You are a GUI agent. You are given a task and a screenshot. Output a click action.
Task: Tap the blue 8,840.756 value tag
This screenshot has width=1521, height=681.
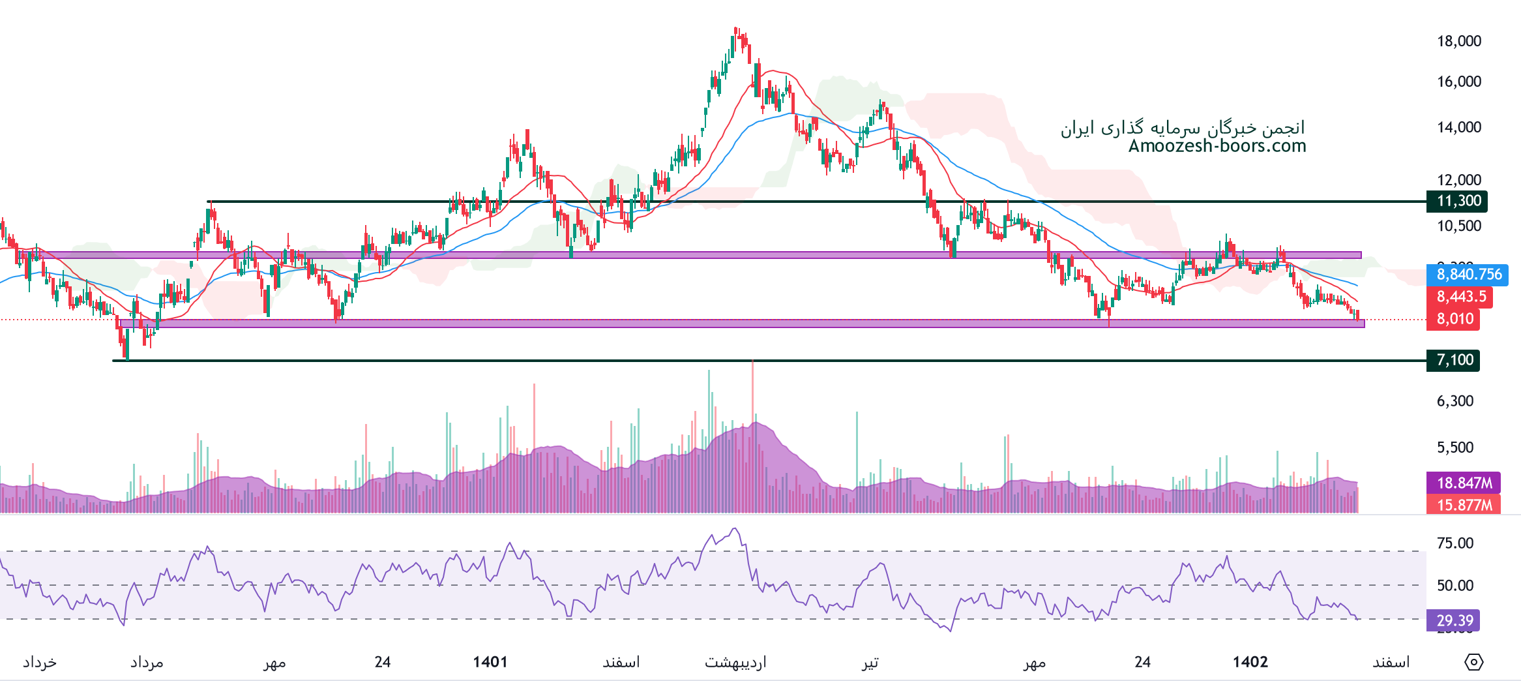(1469, 275)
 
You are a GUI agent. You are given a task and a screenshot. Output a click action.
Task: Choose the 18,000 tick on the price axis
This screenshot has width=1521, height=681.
(1458, 41)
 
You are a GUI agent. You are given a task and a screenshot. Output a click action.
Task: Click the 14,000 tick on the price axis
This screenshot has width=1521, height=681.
(1458, 127)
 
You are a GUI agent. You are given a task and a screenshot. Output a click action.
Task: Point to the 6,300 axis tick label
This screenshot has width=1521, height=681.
(1455, 401)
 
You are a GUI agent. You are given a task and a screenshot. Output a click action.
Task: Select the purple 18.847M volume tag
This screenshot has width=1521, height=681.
(1464, 483)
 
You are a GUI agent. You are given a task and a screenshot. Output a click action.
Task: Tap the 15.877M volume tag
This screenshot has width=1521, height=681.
(1464, 505)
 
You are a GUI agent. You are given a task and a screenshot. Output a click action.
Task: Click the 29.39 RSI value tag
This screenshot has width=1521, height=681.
(1453, 620)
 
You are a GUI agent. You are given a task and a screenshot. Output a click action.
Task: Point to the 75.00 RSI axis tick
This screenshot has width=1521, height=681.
(1455, 543)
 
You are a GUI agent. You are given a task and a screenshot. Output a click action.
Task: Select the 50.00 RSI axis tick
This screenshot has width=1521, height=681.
(1455, 585)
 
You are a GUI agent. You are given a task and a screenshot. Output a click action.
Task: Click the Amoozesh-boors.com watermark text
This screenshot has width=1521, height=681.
(1217, 146)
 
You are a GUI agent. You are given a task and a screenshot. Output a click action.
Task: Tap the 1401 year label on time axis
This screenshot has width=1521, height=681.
(490, 662)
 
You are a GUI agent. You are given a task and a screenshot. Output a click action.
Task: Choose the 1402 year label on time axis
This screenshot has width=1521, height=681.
(1250, 662)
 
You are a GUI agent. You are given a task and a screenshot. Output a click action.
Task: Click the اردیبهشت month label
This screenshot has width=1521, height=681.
(735, 663)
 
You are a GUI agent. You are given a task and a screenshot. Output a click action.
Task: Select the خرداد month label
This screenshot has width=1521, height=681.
(40, 663)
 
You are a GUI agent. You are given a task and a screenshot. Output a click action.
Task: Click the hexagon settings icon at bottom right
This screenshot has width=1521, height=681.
(1474, 662)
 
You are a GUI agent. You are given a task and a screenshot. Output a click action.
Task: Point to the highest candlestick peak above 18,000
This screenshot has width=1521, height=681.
(735, 29)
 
